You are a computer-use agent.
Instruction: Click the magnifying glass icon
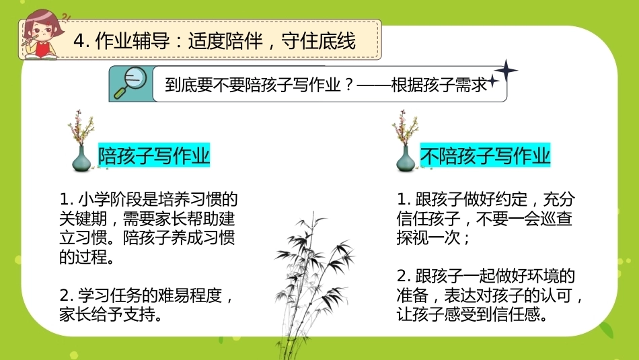[x=130, y=83]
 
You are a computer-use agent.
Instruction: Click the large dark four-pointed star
[x=506, y=71]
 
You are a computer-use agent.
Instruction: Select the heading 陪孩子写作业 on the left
[x=153, y=155]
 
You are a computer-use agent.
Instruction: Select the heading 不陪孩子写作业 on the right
[x=486, y=155]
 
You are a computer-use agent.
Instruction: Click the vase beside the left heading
[x=81, y=159]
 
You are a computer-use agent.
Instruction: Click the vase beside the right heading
[x=406, y=159]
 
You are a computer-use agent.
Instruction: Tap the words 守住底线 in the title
[x=318, y=41]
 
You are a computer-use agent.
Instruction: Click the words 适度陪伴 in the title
[x=225, y=41]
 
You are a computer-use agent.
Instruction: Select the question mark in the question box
[x=348, y=85]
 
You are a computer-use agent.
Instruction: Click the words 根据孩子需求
[x=439, y=85]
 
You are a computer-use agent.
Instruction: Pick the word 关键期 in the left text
[x=83, y=219]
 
